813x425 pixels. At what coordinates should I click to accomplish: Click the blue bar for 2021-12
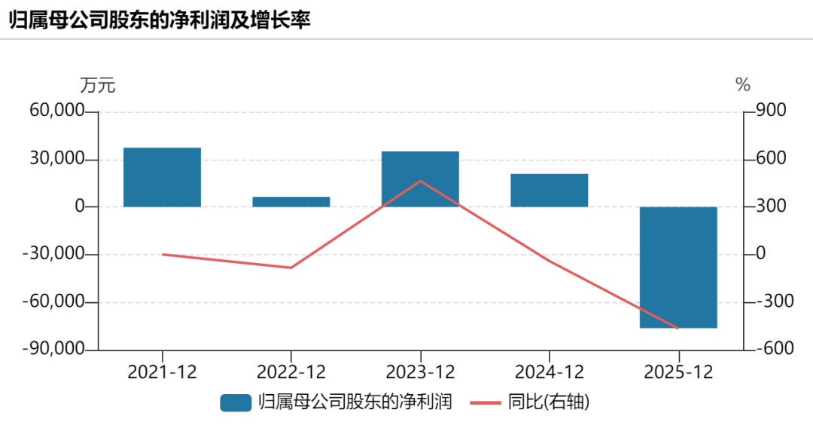coord(162,178)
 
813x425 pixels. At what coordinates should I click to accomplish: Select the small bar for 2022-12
coord(291,202)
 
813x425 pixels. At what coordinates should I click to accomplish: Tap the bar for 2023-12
coord(420,179)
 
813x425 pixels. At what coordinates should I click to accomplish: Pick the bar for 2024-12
coord(549,191)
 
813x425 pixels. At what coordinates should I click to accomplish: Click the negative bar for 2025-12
coord(678,268)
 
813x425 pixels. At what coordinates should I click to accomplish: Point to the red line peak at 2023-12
coord(420,181)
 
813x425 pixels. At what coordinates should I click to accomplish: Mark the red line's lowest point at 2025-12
coord(678,329)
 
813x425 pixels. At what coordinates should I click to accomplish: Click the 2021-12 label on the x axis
coord(162,372)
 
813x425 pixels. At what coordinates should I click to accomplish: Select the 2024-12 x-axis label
coord(549,372)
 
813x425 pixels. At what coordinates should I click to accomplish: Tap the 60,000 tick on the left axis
coord(57,111)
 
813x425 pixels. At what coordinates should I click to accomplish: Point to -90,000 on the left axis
coord(53,349)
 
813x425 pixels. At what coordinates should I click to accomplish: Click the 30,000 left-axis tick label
coord(57,158)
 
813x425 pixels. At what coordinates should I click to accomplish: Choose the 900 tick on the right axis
coord(771,110)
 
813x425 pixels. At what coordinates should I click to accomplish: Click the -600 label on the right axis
coord(775,348)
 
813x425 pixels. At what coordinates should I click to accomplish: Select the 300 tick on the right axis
coord(771,206)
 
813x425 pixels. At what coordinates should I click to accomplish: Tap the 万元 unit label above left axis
coord(97,85)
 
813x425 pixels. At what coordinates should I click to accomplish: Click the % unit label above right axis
coord(743,84)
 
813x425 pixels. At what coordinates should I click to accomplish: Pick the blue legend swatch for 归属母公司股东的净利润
coord(236,403)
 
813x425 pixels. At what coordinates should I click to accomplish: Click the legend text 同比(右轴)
coord(549,402)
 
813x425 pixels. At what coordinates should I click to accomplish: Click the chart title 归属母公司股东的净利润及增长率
coord(160,20)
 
